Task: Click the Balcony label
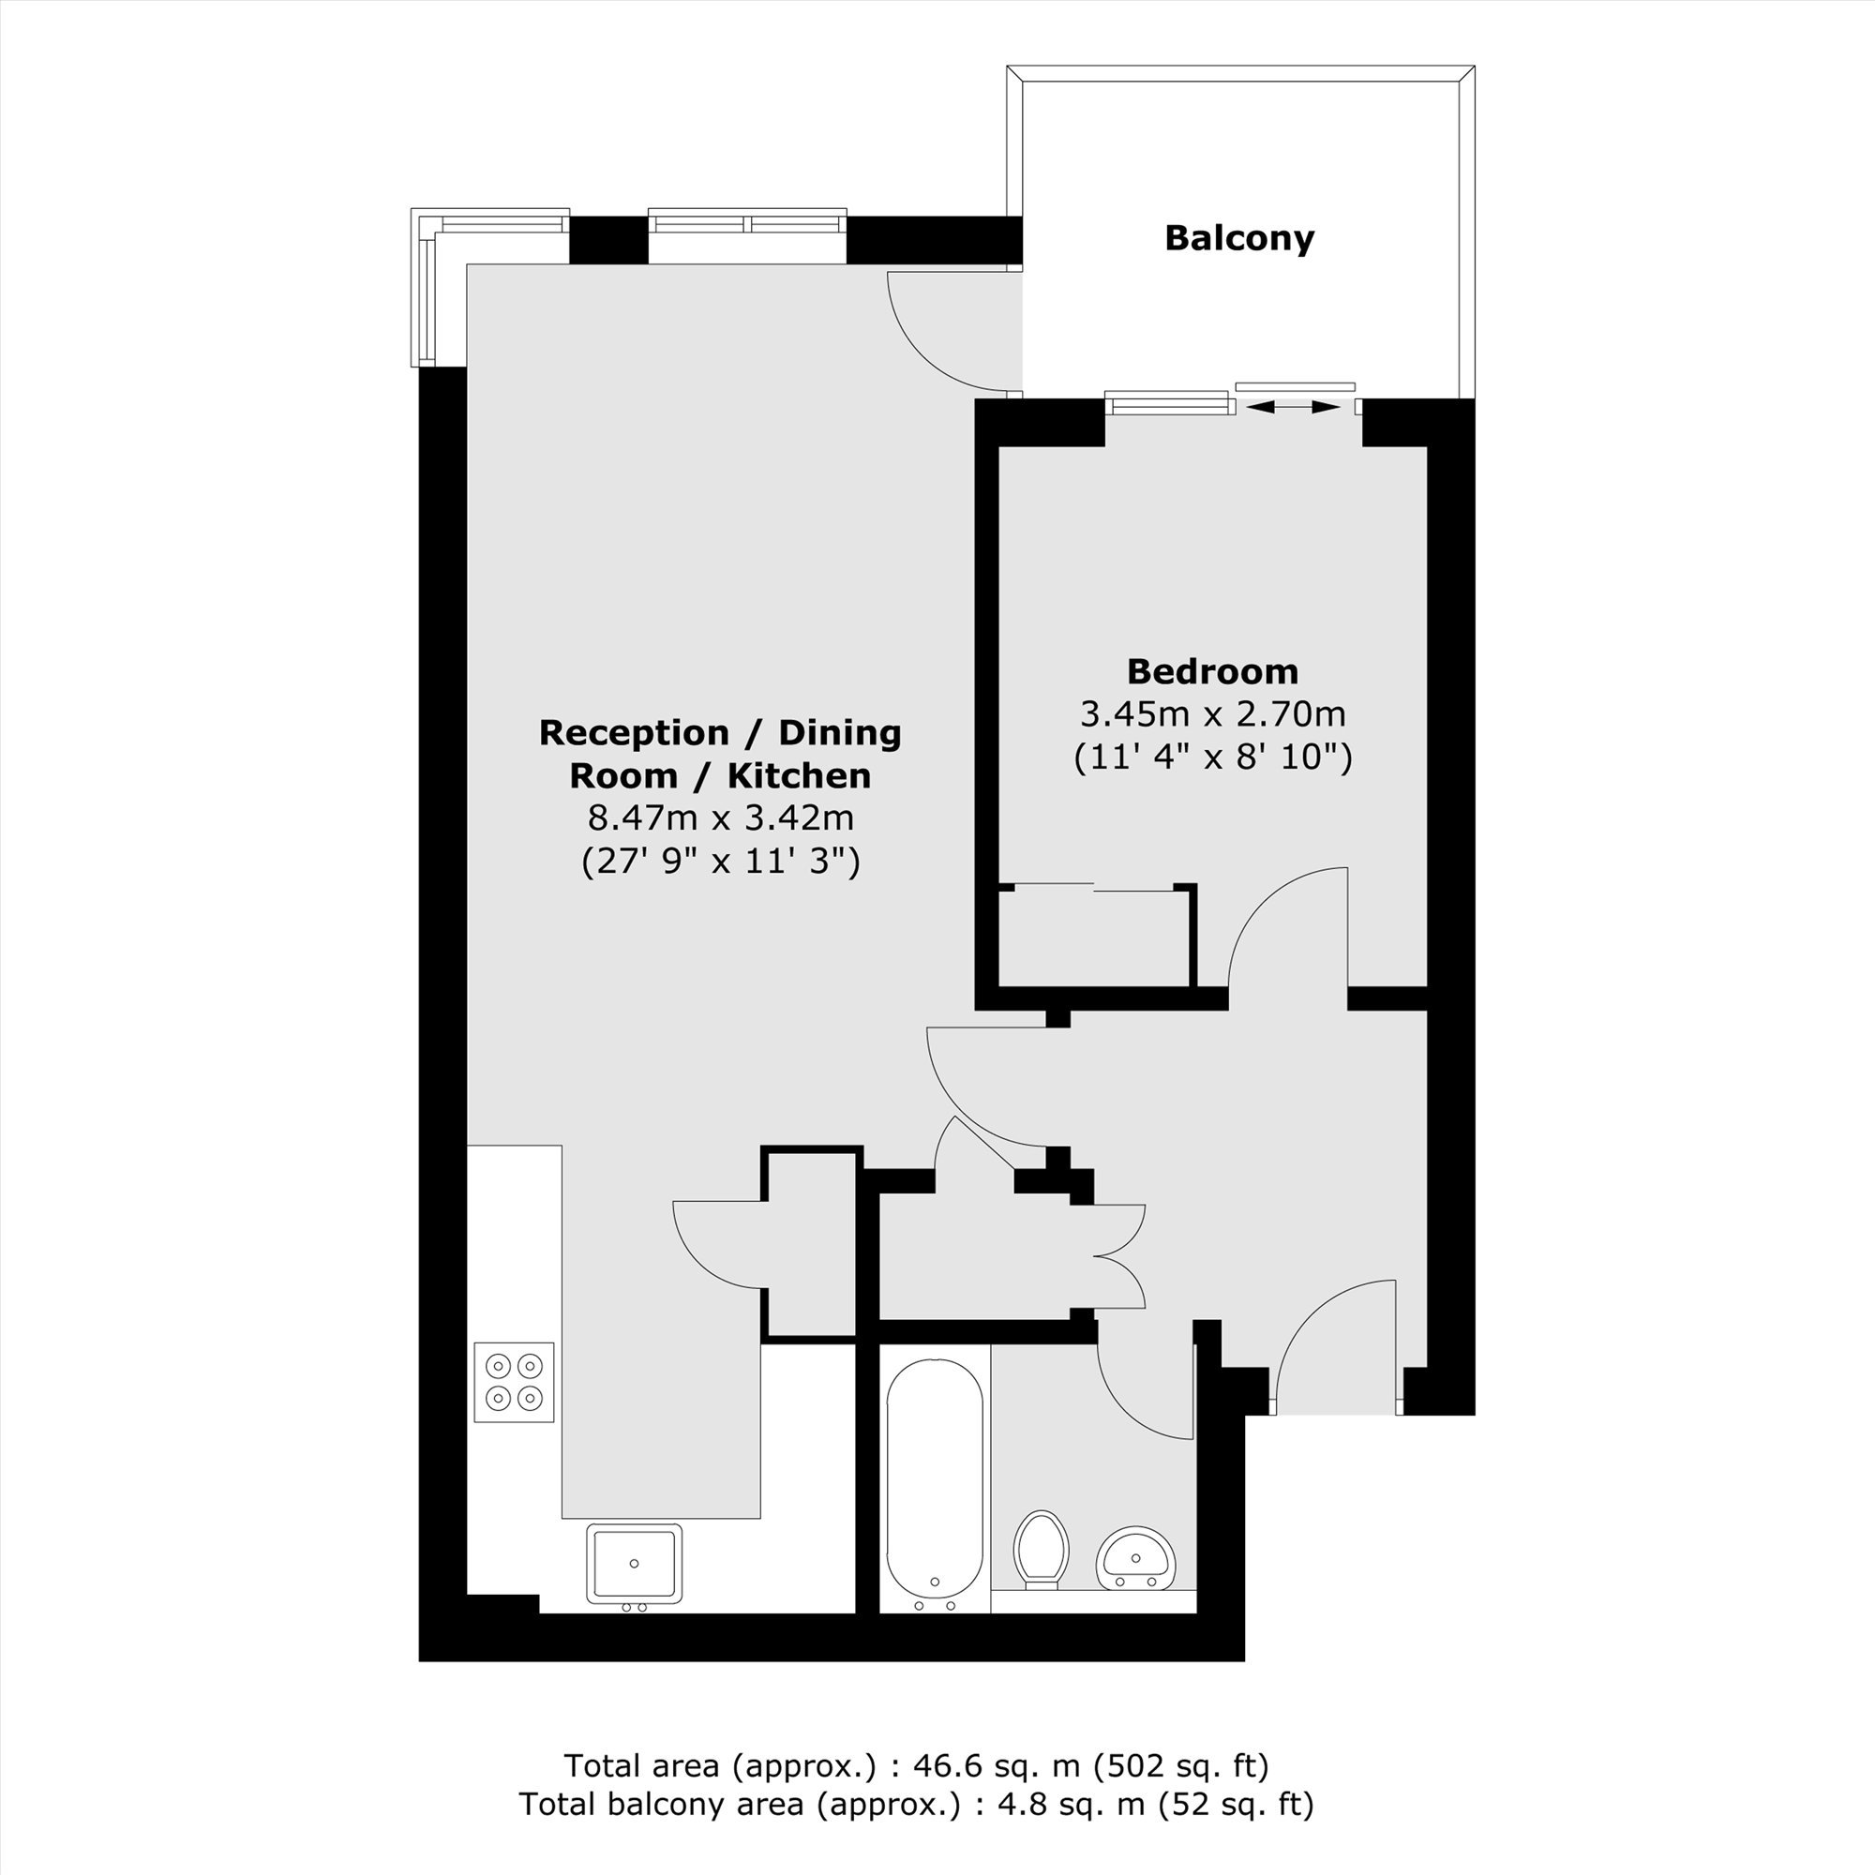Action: pyautogui.click(x=1239, y=239)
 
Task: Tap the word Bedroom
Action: pyautogui.click(x=1212, y=670)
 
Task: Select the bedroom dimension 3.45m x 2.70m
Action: pyautogui.click(x=1213, y=714)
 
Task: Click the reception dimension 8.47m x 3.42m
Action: pyautogui.click(x=720, y=817)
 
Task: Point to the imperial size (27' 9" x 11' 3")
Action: pyautogui.click(x=720, y=861)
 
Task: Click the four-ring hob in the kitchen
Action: pyautogui.click(x=514, y=1382)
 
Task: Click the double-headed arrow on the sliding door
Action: pyautogui.click(x=1293, y=408)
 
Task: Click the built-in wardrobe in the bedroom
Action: pyautogui.click(x=1096, y=937)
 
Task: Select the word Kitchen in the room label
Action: pyautogui.click(x=800, y=775)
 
